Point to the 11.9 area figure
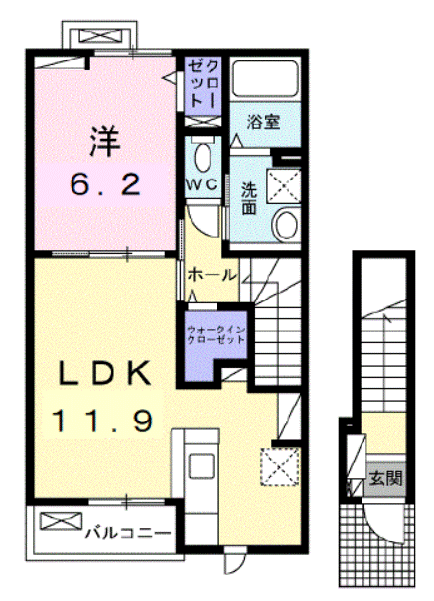pyautogui.click(x=103, y=421)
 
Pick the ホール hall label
pyautogui.click(x=211, y=272)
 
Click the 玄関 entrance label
pyautogui.click(x=386, y=478)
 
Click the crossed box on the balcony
pyautogui.click(x=57, y=523)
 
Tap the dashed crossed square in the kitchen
pyautogui.click(x=278, y=465)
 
